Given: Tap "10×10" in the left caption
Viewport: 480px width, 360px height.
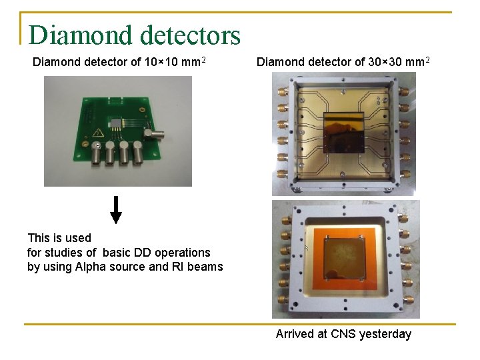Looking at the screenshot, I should click(162, 63).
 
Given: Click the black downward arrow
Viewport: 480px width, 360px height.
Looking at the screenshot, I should click(116, 209).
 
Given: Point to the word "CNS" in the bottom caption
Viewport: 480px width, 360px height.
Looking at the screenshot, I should click(343, 334).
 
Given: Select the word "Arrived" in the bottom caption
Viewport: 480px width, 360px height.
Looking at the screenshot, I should click(295, 334).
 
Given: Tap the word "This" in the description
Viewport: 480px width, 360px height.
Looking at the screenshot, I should click(39, 238).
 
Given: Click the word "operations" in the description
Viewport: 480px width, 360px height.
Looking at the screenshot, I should click(181, 253).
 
